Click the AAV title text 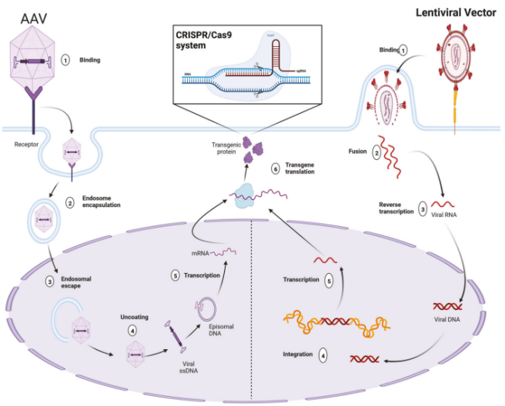pyautogui.click(x=25, y=18)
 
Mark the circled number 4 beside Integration pyautogui.click(x=323, y=355)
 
